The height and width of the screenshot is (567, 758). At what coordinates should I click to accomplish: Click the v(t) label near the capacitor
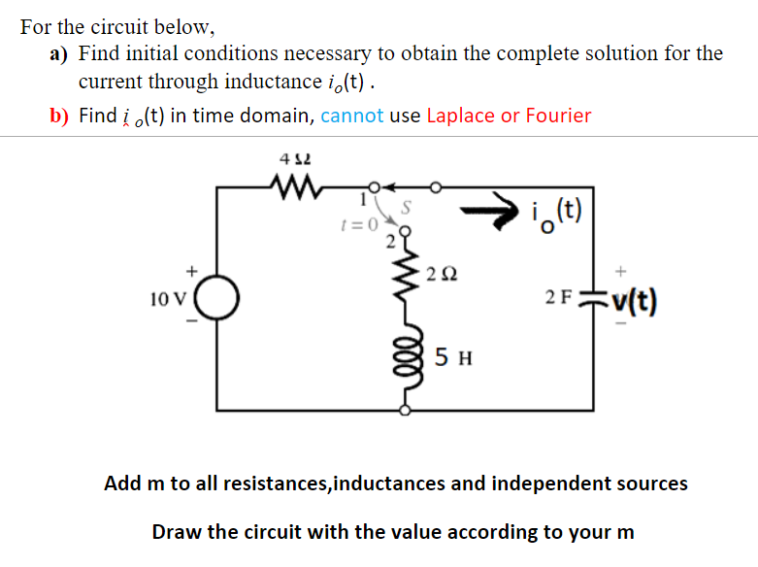[x=632, y=302]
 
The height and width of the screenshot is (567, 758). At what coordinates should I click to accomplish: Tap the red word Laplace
[x=460, y=117]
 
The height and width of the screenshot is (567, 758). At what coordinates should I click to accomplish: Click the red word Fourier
[x=558, y=117]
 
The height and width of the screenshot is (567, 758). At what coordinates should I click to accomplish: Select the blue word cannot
[x=351, y=117]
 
